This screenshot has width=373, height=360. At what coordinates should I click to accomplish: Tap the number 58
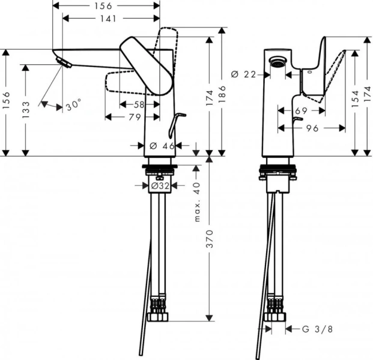point(139,104)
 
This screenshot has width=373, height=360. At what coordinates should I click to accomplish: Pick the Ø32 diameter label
point(160,186)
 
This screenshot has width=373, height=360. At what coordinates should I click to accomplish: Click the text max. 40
point(197,202)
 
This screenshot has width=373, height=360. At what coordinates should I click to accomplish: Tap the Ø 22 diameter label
point(243,74)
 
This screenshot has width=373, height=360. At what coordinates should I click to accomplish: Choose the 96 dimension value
point(311,128)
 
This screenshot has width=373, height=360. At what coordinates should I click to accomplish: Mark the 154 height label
point(355,98)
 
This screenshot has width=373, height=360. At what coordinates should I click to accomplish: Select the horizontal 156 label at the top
point(106,5)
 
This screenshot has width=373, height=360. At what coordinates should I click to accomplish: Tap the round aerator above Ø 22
point(277,60)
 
